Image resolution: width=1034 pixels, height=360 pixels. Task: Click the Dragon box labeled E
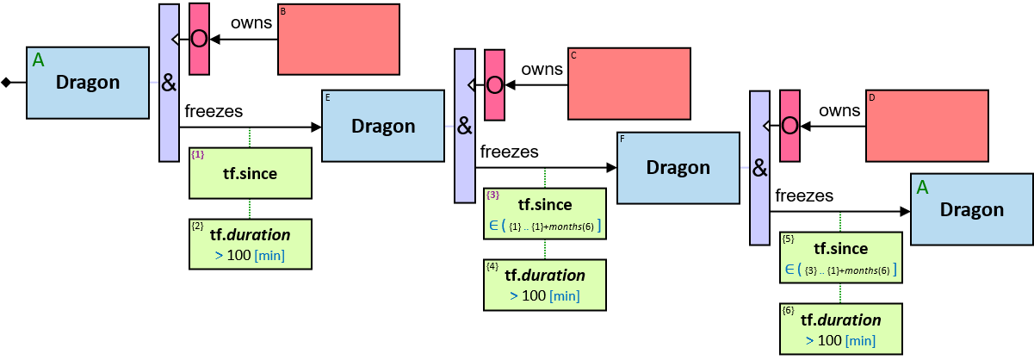383,126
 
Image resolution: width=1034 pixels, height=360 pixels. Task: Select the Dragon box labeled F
678,167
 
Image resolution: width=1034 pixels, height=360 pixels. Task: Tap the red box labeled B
338,40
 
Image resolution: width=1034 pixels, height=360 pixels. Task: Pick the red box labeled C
629,83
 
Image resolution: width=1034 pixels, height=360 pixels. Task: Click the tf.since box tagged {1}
250,173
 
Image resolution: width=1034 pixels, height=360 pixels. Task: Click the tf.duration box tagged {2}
250,244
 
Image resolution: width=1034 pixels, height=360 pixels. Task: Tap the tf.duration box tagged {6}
840,328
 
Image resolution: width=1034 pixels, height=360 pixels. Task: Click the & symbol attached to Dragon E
464,126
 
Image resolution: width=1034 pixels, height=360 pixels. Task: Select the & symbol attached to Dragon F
759,168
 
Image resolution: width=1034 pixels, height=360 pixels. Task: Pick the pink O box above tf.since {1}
199,39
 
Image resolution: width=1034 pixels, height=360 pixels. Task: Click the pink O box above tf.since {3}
494,84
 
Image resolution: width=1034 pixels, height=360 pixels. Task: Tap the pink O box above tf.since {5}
789,126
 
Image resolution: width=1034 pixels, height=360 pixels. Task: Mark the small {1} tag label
198,155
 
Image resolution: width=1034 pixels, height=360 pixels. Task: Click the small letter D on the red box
872,98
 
